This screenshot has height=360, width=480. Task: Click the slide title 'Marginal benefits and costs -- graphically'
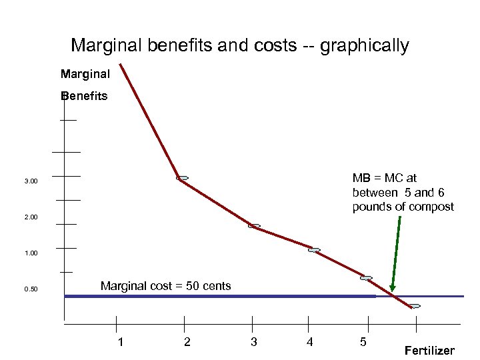tap(239, 45)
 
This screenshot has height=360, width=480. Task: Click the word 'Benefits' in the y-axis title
tap(83, 96)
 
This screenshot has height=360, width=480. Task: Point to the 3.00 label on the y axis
tap(31, 181)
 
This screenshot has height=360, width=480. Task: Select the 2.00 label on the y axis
tap(31, 217)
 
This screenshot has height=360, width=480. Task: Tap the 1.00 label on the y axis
tap(31, 253)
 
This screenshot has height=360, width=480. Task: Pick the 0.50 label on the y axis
tap(31, 289)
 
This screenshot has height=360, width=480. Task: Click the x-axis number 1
tap(120, 342)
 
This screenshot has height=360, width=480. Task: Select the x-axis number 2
tap(187, 342)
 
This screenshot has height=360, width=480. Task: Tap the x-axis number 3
tap(253, 342)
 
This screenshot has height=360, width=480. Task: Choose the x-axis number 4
tap(309, 342)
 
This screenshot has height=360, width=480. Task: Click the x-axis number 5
tap(363, 342)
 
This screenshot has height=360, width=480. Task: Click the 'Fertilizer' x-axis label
tap(429, 351)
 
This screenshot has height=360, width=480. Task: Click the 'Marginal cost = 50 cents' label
tap(165, 286)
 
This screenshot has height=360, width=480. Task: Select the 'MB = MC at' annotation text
tap(384, 178)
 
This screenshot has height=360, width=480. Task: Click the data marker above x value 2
tap(182, 178)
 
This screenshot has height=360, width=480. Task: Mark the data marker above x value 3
tap(254, 226)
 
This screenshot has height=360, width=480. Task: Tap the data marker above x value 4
tap(314, 250)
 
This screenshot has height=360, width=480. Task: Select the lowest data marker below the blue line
tap(415, 306)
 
